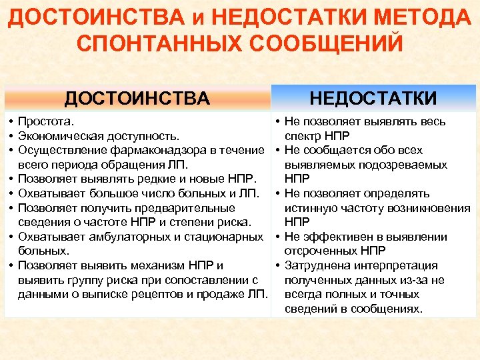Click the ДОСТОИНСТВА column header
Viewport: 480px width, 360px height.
point(137,99)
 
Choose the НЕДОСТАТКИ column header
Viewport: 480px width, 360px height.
point(373,99)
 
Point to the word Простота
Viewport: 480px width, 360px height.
point(46,122)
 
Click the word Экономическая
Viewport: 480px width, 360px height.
point(60,136)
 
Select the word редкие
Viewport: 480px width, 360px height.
point(136,179)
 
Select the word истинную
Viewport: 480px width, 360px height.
point(311,208)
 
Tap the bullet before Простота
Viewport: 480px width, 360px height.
point(11,122)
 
